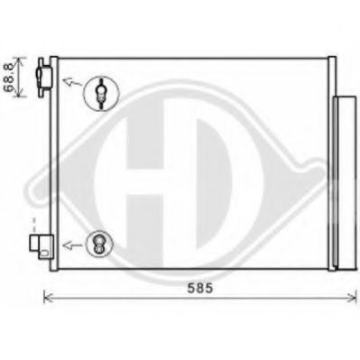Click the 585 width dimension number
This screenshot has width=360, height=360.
pyautogui.click(x=200, y=289)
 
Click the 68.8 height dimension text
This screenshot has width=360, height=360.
pyautogui.click(x=9, y=78)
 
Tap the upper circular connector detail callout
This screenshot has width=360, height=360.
pyautogui.click(x=101, y=94)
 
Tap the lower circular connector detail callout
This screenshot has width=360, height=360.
pyautogui.click(x=99, y=245)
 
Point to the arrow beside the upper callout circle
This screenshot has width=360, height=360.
pyautogui.click(x=72, y=82)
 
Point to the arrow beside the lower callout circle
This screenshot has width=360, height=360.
pyautogui.click(x=72, y=245)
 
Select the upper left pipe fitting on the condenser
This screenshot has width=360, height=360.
pyautogui.click(x=43, y=78)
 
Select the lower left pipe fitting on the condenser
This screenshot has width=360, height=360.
pyautogui.click(x=42, y=246)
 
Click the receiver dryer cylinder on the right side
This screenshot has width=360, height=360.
pyautogui.click(x=345, y=182)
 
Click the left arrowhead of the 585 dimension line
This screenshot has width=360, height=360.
pyautogui.click(x=47, y=299)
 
